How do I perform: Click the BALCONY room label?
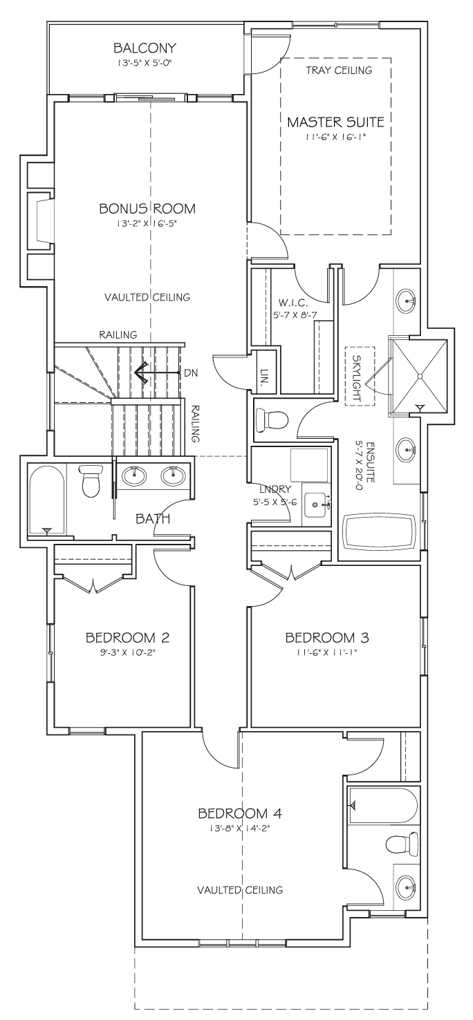145,48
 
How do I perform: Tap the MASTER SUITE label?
336,122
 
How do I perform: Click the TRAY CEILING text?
339,70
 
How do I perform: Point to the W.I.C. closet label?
294,302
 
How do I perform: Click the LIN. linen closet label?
264,377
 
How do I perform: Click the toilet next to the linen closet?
272,419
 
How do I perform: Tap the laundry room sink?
315,504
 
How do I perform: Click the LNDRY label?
275,490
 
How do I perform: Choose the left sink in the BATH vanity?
134,475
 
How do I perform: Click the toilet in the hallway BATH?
89,480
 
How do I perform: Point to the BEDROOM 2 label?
127,637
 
